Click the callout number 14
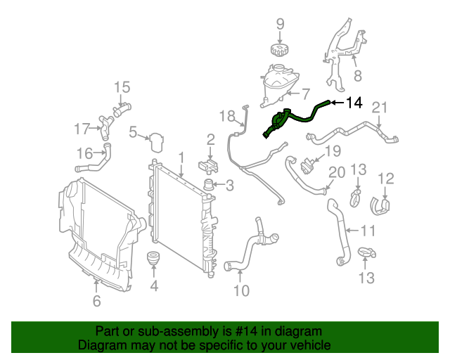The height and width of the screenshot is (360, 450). (x=354, y=103)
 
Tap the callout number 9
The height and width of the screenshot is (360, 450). (x=280, y=25)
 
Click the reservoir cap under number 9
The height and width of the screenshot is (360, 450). (x=280, y=51)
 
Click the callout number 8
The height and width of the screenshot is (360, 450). (x=357, y=75)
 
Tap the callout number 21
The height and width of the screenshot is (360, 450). (x=380, y=108)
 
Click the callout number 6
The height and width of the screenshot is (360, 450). (x=96, y=302)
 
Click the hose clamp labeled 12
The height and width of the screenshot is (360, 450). (x=380, y=205)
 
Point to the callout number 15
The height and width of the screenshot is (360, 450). (x=122, y=87)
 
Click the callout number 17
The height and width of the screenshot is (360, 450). (x=82, y=129)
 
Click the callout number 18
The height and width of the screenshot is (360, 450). (x=226, y=115)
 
